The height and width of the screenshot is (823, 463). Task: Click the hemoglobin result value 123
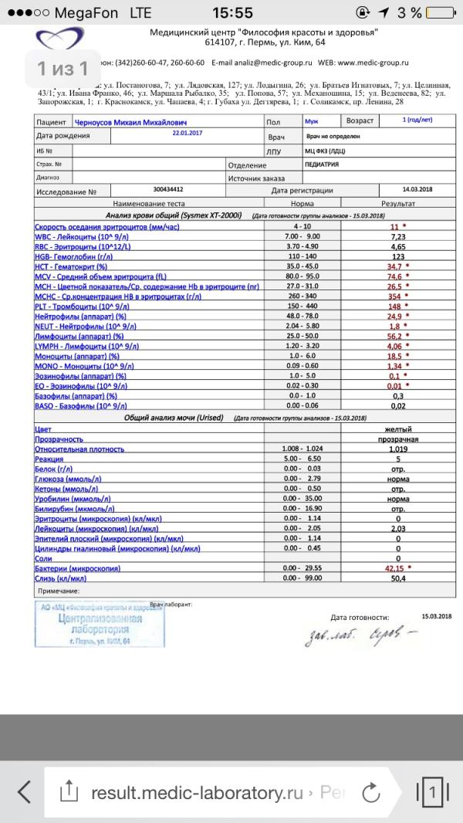(x=398, y=256)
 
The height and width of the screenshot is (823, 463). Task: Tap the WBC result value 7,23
(x=398, y=236)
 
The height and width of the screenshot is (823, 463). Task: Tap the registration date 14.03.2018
(x=417, y=189)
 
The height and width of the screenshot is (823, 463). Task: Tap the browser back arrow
(x=25, y=791)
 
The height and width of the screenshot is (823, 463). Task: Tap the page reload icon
(x=370, y=791)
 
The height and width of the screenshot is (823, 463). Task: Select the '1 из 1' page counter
(x=63, y=69)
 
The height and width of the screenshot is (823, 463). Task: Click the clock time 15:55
(x=231, y=12)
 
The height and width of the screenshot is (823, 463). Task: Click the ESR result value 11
(x=396, y=226)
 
